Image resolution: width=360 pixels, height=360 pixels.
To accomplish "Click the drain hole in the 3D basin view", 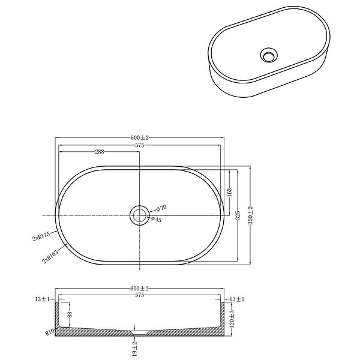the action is pyautogui.click(x=269, y=55).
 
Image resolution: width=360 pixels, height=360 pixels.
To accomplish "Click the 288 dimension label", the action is pyautogui.click(x=100, y=152).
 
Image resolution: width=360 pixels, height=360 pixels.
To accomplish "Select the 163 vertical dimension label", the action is pyautogui.click(x=229, y=193).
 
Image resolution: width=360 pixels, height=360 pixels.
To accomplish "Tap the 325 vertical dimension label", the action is pyautogui.click(x=238, y=215).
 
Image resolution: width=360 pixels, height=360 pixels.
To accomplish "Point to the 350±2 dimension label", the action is pyautogui.click(x=250, y=215).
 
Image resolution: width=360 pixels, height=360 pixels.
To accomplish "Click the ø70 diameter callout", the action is pyautogui.click(x=161, y=208).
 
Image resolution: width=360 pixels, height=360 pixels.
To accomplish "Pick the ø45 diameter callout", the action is pyautogui.click(x=157, y=220).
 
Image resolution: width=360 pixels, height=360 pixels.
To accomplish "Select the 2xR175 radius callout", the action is pyautogui.click(x=41, y=236).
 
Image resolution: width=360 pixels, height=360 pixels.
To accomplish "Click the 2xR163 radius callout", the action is pyautogui.click(x=50, y=257).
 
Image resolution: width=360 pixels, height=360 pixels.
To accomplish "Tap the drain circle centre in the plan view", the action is pyautogui.click(x=140, y=215).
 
